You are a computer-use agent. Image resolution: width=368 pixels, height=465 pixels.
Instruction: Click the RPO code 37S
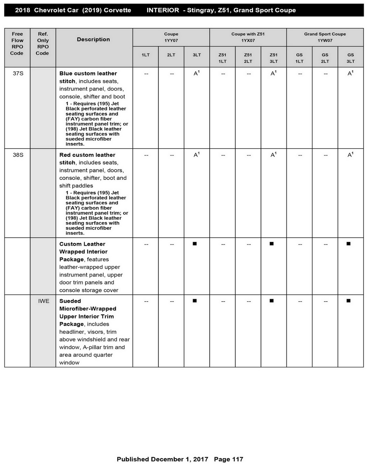click(18, 74)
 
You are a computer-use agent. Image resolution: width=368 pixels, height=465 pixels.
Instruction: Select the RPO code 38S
click(18, 155)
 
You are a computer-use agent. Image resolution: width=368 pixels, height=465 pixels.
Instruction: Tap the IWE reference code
click(44, 301)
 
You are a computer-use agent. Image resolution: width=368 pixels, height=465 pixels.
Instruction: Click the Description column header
click(93, 40)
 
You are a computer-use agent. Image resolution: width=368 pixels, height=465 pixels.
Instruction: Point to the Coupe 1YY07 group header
click(171, 37)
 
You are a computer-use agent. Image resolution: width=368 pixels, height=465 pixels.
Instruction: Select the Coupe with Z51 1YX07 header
click(248, 37)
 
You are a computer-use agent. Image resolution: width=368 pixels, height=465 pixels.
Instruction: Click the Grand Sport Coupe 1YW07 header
click(325, 37)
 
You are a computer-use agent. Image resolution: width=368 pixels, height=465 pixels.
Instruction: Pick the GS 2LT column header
click(325, 58)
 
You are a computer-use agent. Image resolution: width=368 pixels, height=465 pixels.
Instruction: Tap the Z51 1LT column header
click(222, 58)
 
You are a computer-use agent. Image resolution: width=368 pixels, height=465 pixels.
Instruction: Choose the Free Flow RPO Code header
click(17, 44)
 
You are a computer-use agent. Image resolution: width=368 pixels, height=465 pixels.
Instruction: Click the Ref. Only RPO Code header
click(43, 44)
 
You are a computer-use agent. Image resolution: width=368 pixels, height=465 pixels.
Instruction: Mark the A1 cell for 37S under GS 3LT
click(350, 73)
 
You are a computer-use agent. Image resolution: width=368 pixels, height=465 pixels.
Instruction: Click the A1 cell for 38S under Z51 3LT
click(273, 155)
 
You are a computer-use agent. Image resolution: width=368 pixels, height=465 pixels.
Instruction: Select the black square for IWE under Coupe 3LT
click(195, 301)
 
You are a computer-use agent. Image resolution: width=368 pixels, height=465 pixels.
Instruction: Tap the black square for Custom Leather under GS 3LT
click(349, 244)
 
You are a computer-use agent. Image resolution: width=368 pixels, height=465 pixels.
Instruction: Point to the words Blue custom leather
click(88, 74)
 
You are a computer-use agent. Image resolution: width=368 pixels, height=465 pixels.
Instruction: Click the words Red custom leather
click(87, 155)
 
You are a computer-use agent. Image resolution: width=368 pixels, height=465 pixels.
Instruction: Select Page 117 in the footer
click(228, 459)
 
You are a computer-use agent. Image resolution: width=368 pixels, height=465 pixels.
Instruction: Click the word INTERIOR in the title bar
click(163, 10)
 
